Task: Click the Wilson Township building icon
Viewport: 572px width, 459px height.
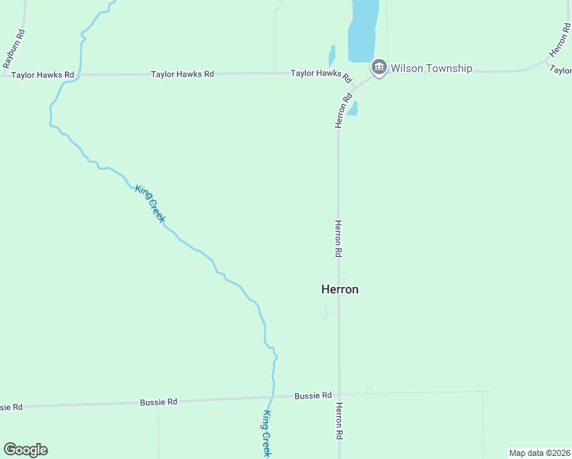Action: pyautogui.click(x=379, y=68)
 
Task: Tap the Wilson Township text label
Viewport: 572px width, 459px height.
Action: pyautogui.click(x=431, y=68)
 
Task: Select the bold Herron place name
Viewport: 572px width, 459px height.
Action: pyautogui.click(x=340, y=289)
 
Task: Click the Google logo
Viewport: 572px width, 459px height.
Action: pyautogui.click(x=25, y=450)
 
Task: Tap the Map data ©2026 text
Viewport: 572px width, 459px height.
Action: pyautogui.click(x=539, y=453)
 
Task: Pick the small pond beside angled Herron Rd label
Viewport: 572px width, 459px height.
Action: pyautogui.click(x=353, y=109)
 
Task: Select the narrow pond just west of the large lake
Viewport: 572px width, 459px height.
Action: pyautogui.click(x=332, y=56)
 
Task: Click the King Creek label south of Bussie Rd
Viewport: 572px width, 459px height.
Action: pyautogui.click(x=266, y=434)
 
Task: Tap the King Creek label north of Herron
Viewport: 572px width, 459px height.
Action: pyautogui.click(x=150, y=203)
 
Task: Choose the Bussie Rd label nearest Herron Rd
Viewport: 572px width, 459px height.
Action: pyautogui.click(x=313, y=396)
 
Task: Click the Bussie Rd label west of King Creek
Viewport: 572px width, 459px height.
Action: pyautogui.click(x=159, y=402)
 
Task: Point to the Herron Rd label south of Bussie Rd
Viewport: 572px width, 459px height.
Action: pyautogui.click(x=339, y=421)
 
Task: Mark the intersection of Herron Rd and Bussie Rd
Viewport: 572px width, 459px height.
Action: pyautogui.click(x=339, y=395)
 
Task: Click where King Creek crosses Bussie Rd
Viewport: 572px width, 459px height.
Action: pyautogui.click(x=271, y=398)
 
